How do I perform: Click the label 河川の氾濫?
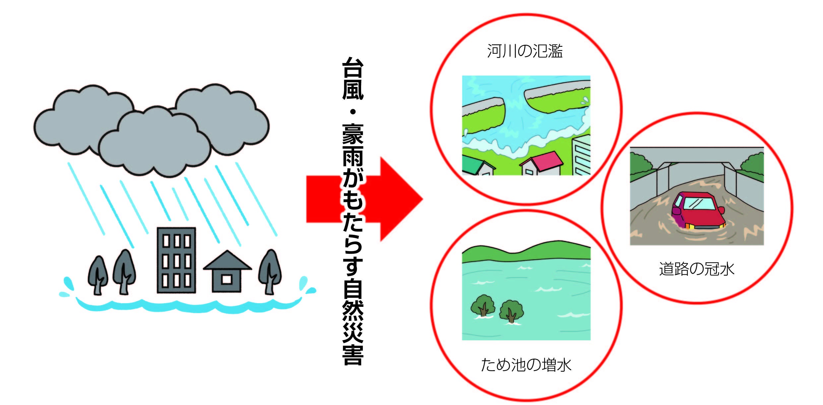click(x=525, y=51)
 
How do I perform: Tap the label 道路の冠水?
click(x=696, y=269)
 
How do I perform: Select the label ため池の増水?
click(x=526, y=365)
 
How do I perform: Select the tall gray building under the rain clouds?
click(x=176, y=260)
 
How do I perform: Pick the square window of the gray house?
click(x=226, y=280)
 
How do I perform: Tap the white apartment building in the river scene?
click(x=581, y=156)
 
